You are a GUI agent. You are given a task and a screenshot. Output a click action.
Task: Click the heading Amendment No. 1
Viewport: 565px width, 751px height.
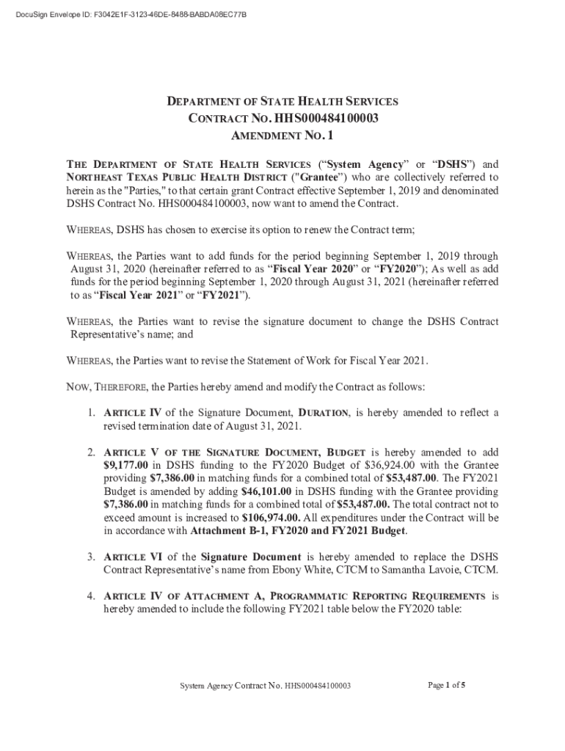(x=282, y=136)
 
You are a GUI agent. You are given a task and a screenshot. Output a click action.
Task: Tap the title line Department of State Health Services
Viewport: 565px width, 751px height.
(x=282, y=101)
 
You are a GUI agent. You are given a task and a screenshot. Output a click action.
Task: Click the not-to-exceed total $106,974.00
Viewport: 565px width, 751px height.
(x=273, y=518)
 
